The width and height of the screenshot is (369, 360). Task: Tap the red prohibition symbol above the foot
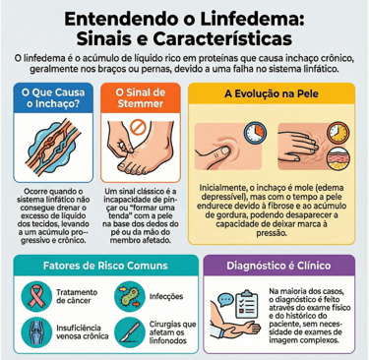click(136, 127)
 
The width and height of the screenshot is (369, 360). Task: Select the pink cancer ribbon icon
click(35, 296)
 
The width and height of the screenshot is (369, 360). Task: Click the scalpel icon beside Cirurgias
click(130, 331)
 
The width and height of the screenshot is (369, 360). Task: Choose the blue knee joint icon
click(35, 331)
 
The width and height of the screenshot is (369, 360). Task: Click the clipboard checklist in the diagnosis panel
click(246, 306)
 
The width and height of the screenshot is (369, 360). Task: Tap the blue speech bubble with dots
click(225, 300)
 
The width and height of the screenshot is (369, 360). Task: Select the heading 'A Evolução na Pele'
click(272, 93)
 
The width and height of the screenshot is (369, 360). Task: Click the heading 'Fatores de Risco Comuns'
click(105, 266)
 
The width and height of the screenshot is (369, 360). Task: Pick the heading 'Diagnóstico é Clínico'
click(278, 266)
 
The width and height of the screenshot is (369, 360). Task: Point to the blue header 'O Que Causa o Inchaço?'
click(53, 98)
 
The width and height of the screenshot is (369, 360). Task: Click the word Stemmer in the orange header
click(141, 103)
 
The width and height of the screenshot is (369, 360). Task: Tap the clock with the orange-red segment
click(255, 133)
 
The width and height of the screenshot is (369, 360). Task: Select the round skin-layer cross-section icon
click(338, 159)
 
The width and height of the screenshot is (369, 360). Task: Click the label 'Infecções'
click(166, 297)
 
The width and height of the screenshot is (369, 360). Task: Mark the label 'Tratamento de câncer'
click(77, 296)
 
